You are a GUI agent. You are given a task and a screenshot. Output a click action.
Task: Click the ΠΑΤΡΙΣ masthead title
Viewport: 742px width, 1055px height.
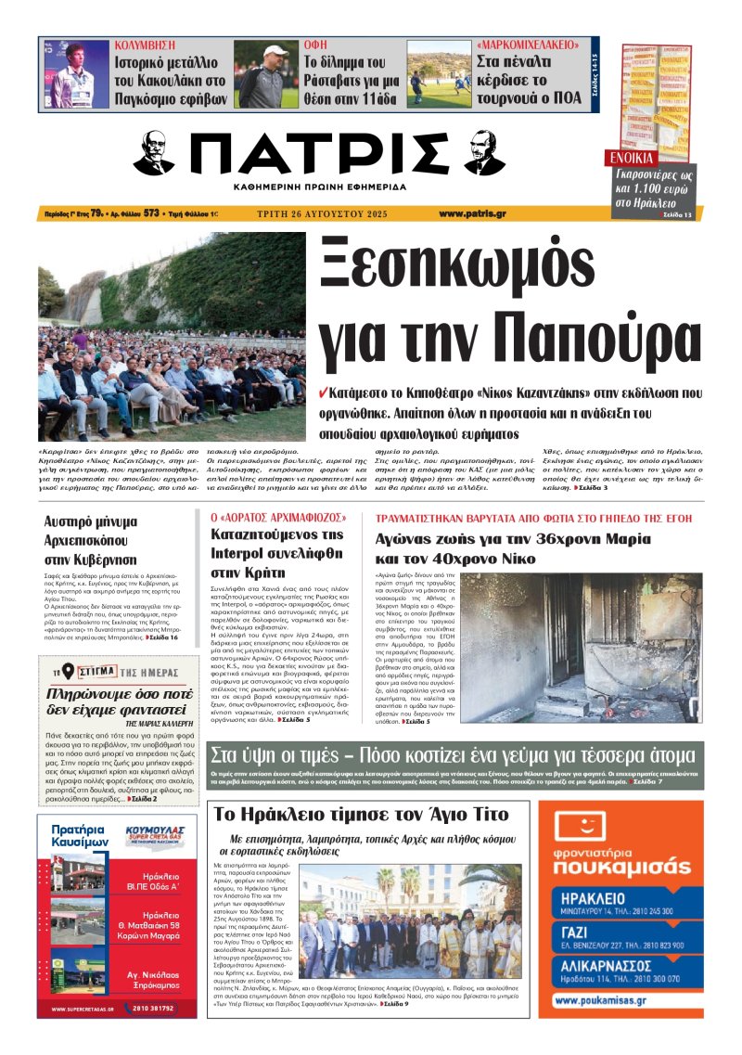315,154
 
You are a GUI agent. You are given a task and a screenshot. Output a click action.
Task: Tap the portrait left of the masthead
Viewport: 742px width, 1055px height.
154,153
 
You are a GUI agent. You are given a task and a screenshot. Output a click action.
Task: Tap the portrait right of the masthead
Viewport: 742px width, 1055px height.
484,153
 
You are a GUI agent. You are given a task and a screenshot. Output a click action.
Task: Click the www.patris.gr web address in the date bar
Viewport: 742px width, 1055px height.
472,213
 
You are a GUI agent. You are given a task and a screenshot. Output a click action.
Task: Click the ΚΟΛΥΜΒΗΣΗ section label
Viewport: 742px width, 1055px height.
147,45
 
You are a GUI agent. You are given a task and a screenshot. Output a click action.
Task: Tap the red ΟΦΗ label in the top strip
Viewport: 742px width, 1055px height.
315,45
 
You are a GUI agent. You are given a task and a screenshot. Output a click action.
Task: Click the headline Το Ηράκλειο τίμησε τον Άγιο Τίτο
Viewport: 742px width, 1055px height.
360,815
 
